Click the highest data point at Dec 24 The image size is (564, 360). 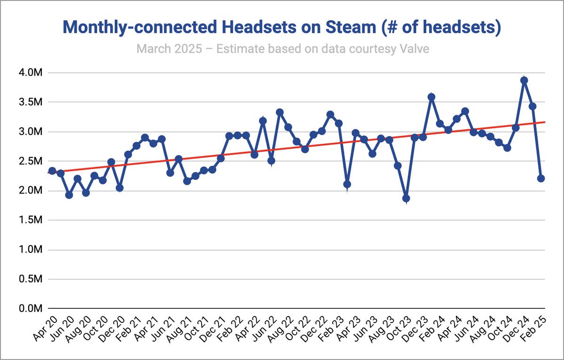524,80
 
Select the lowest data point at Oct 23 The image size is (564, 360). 406,199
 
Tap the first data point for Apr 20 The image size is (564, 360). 52,171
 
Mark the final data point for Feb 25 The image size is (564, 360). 541,179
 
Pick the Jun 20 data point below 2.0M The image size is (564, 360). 69,195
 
